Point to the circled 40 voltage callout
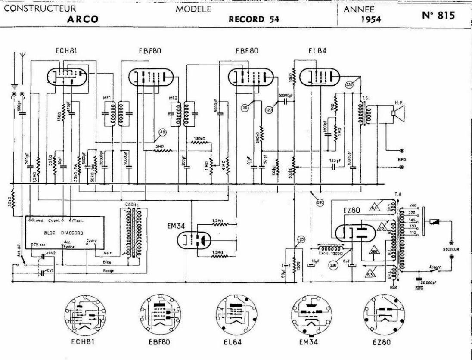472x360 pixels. click(x=162, y=132)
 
